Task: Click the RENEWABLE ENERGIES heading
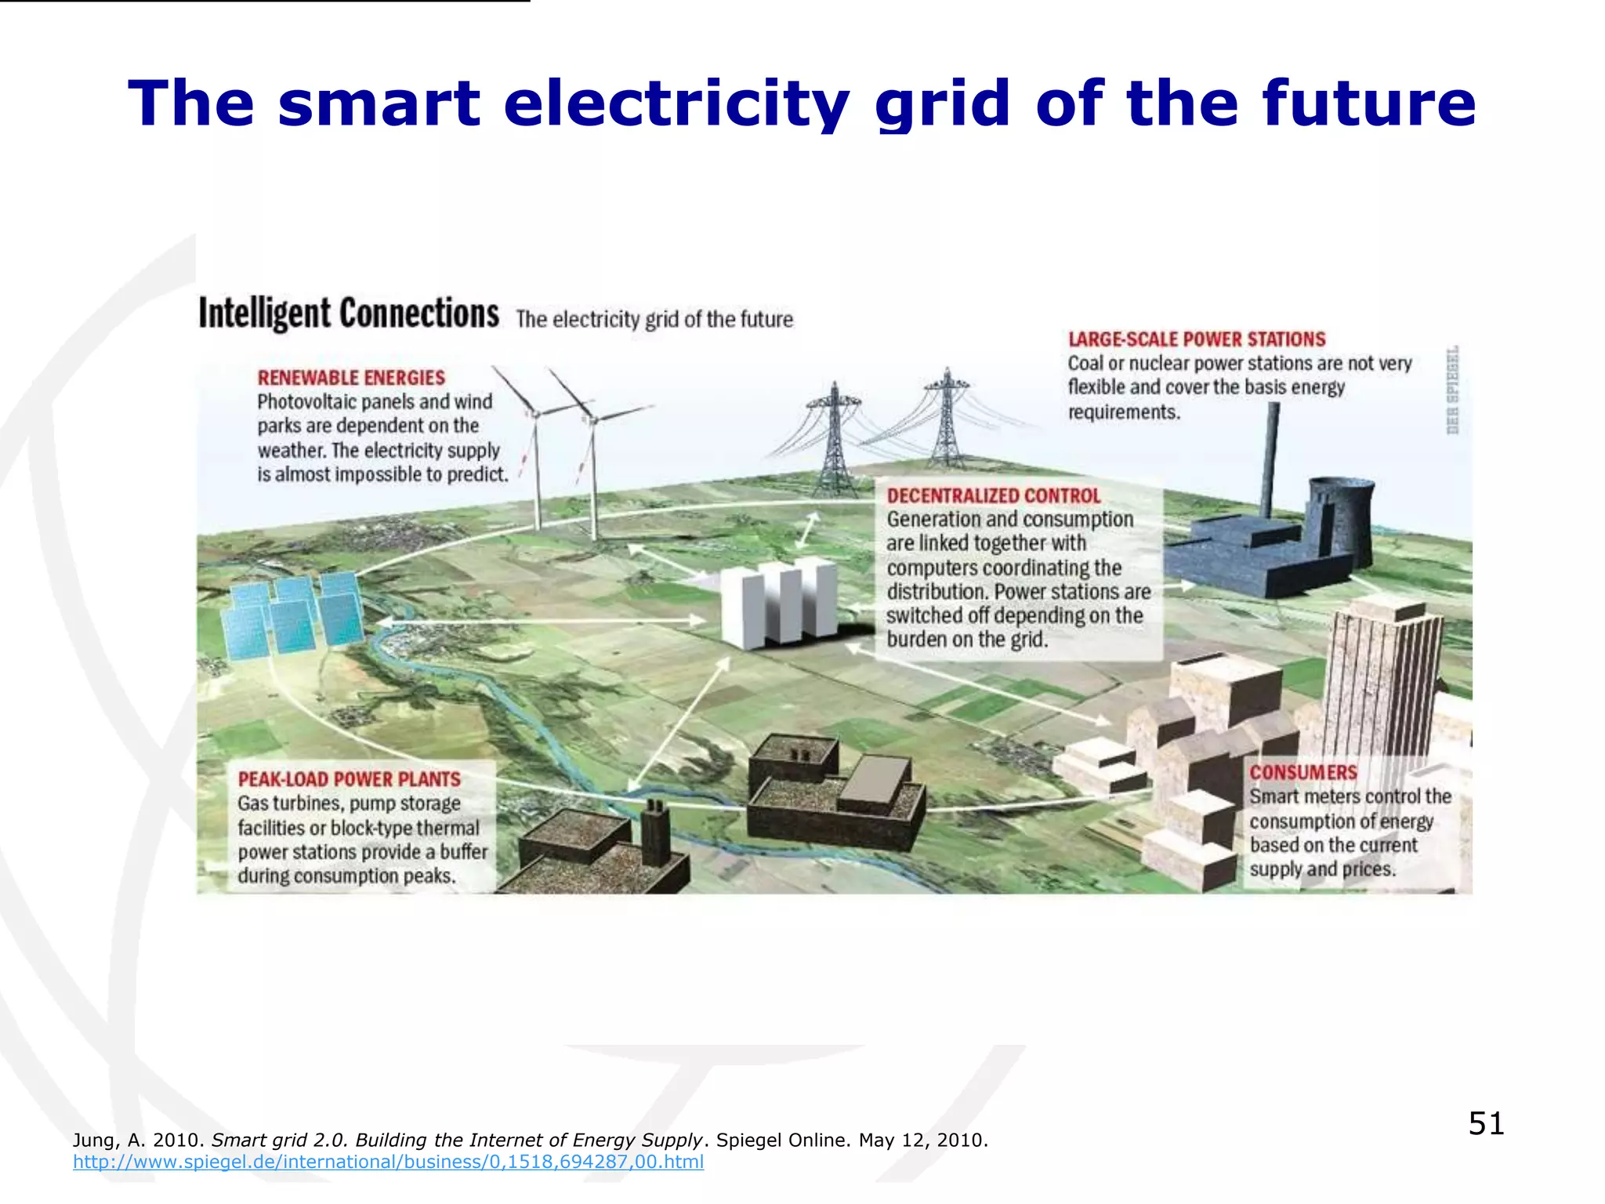click(351, 378)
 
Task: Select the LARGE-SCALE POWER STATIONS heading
click(1197, 339)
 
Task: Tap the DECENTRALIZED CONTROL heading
click(994, 495)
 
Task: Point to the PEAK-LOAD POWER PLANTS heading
click(350, 779)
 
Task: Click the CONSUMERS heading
click(1303, 772)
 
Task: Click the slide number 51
click(1486, 1123)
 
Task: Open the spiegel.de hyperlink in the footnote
click(388, 1162)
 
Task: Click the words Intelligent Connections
click(349, 314)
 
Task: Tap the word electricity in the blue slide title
click(676, 103)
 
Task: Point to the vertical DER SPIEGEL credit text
click(1452, 390)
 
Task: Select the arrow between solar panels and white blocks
click(541, 620)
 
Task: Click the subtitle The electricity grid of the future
click(654, 320)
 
